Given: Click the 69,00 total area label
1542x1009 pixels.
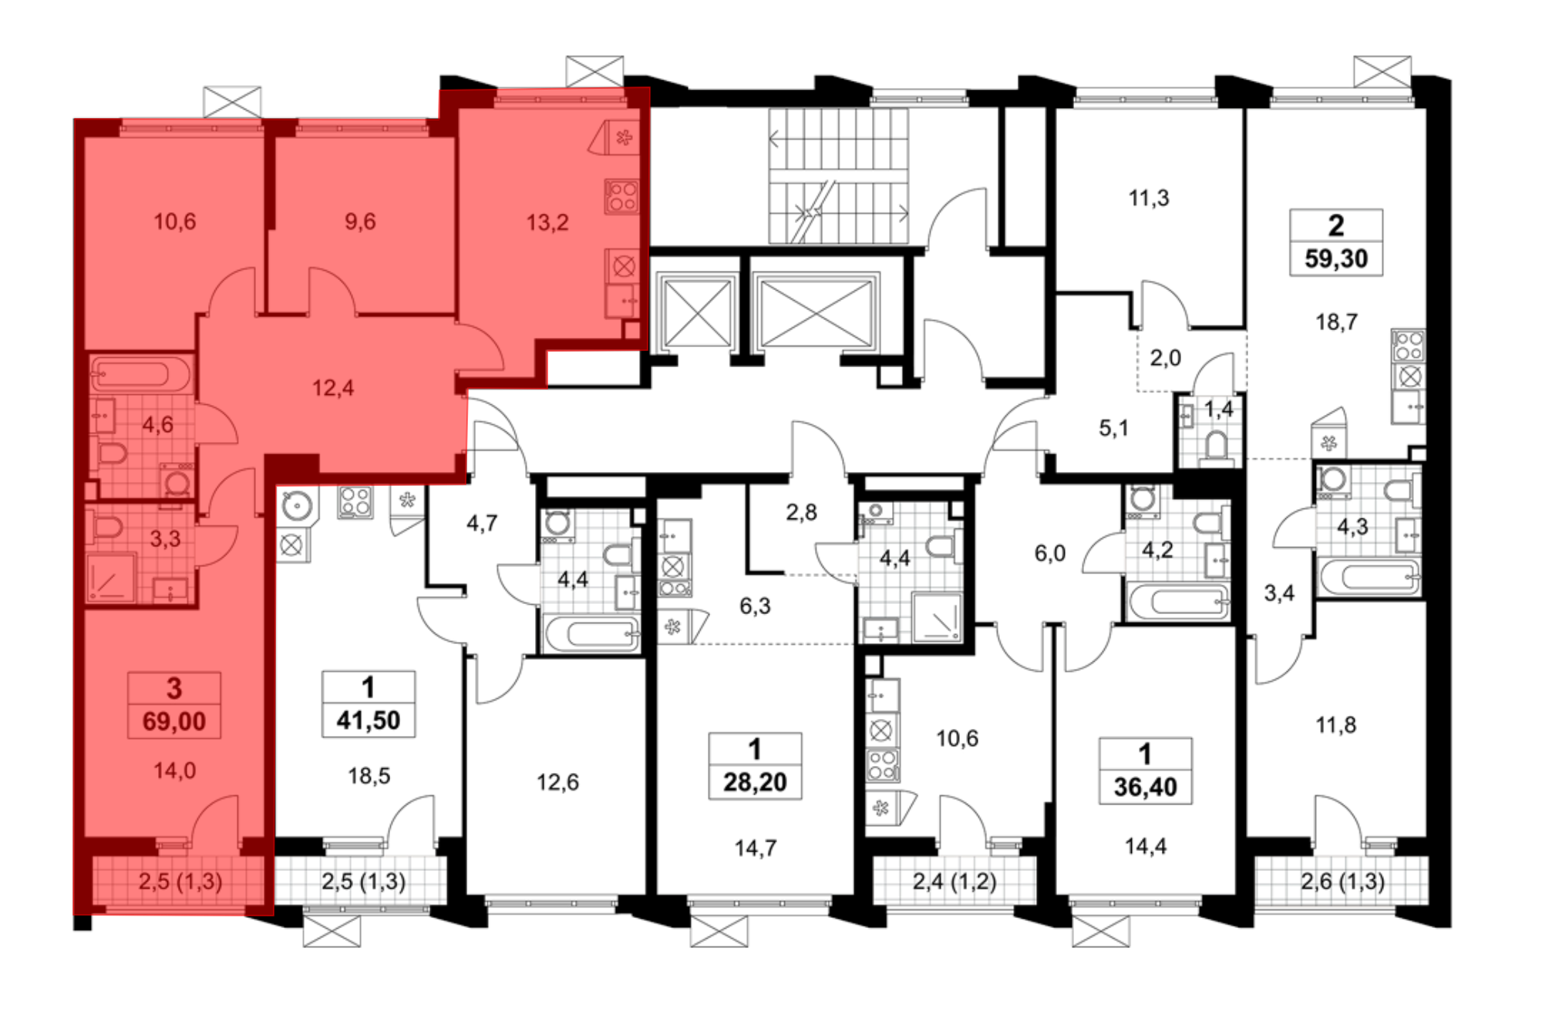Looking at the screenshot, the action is (x=174, y=722).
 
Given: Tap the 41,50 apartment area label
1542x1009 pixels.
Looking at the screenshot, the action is (x=369, y=720).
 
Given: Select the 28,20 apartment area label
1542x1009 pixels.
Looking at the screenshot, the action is (x=755, y=782).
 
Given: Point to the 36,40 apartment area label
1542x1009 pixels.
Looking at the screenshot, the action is (x=1145, y=787).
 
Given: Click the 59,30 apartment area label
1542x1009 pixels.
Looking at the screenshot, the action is (x=1336, y=258).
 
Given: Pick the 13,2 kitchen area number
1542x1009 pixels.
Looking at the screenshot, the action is (x=547, y=223).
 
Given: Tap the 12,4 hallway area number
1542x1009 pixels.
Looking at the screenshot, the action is (x=333, y=387).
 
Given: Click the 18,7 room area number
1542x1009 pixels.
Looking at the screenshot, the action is (x=1336, y=322).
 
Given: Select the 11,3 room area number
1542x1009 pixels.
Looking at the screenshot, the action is (x=1149, y=198).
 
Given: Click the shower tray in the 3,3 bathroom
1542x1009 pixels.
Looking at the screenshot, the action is (x=111, y=577).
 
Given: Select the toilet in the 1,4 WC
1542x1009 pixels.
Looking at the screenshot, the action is (x=1217, y=447).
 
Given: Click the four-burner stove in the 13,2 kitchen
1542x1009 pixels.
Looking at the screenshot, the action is (x=622, y=196).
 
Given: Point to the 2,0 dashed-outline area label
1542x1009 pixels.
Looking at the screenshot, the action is (x=1165, y=358).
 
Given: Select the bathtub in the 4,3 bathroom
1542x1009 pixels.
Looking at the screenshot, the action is (x=1369, y=576).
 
